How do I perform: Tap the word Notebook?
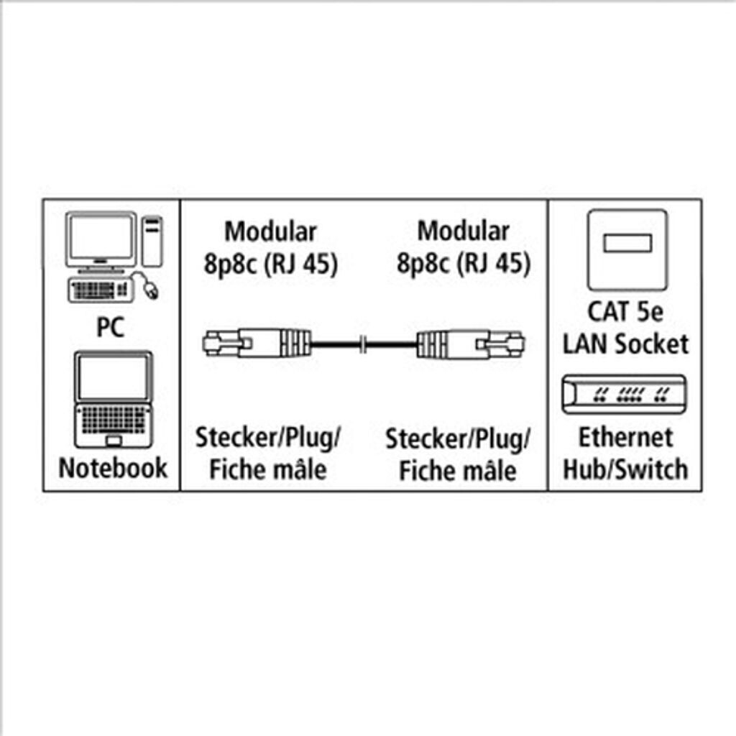click(x=112, y=468)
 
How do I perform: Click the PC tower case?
click(x=152, y=241)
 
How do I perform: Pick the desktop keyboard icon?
click(x=100, y=290)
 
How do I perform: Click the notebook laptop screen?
click(x=114, y=377)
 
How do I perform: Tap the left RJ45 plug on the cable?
click(x=256, y=343)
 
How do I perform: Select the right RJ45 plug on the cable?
click(x=471, y=343)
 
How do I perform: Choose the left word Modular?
click(x=270, y=232)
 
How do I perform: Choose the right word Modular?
click(x=464, y=232)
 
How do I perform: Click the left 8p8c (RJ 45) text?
click(x=270, y=264)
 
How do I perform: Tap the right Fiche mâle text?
click(x=458, y=471)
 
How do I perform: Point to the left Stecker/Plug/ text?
click(x=267, y=438)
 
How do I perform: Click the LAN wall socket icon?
click(x=627, y=249)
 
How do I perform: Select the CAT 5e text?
click(x=625, y=312)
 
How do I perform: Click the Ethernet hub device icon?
click(x=623, y=394)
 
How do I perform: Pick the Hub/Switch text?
click(x=625, y=469)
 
